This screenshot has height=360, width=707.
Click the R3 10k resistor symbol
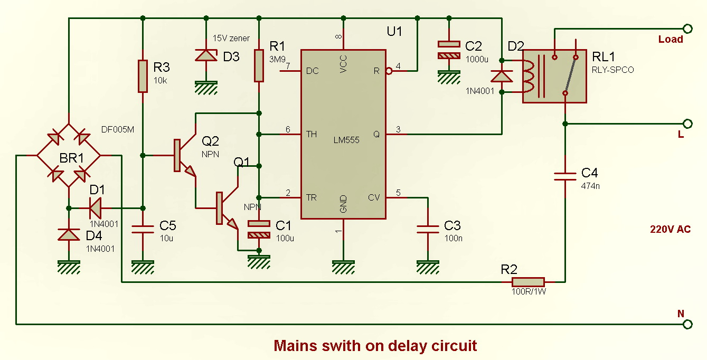(x=143, y=77)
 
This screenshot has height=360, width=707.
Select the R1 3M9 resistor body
(x=259, y=65)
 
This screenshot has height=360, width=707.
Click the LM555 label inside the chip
(x=346, y=140)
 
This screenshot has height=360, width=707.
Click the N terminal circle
(x=687, y=324)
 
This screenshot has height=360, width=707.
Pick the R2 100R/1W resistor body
(x=527, y=282)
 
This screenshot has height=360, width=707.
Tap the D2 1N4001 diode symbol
(x=502, y=77)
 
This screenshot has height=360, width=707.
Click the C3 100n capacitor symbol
(x=428, y=229)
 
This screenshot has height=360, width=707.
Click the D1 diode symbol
(x=96, y=207)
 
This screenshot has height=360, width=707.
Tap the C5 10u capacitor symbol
(x=143, y=229)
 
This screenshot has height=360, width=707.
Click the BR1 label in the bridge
(x=69, y=157)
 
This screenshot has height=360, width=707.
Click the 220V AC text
(x=670, y=230)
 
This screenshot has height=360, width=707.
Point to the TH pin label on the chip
(x=312, y=135)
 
